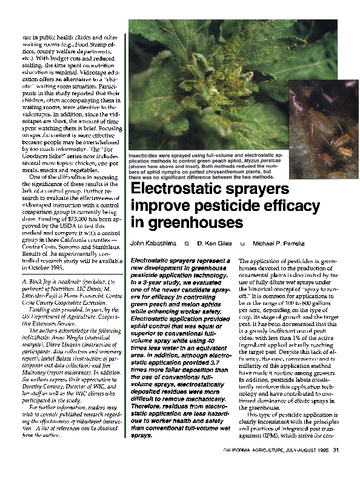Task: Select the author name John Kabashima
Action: [153, 244]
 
